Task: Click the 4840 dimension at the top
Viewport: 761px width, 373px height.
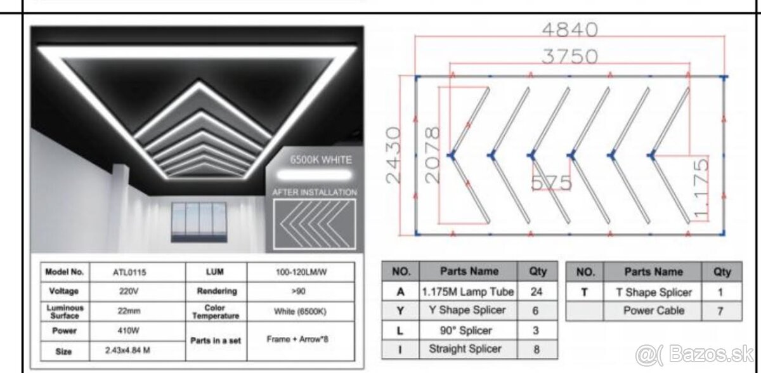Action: coord(569,29)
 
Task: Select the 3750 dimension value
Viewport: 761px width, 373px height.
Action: coord(569,56)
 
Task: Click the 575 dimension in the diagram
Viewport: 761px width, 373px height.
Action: coord(551,183)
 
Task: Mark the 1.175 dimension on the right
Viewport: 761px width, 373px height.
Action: coord(701,188)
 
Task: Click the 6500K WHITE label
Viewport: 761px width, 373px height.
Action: coord(321,160)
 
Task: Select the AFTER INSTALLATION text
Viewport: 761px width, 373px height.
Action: coord(315,192)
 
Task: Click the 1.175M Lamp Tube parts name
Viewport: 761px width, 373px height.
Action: coord(468,292)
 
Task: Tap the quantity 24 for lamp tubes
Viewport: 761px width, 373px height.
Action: coord(538,292)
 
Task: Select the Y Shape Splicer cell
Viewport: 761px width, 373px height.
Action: coord(468,310)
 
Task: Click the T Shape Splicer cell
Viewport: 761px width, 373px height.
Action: coord(653,292)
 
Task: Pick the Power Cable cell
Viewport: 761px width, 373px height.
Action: coord(653,311)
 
